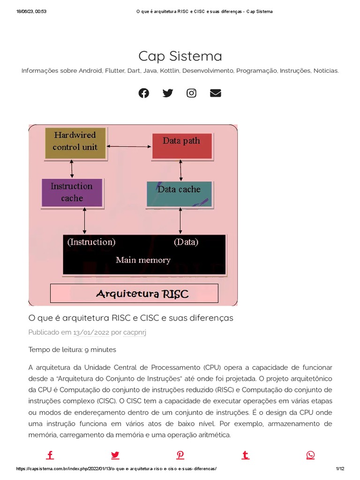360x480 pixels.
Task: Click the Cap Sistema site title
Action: tap(180, 56)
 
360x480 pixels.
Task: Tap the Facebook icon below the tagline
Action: tap(144, 93)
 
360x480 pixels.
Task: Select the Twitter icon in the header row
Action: tap(168, 93)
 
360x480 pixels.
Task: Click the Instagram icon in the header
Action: tap(191, 93)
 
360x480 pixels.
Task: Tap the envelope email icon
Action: tap(215, 93)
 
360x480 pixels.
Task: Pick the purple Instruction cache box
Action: tap(72, 192)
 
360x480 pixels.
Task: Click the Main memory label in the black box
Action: tap(143, 260)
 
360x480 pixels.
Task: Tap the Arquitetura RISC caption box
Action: tap(135, 294)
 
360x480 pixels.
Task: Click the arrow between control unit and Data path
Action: tap(130, 147)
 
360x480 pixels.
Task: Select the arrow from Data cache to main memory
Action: tap(180, 221)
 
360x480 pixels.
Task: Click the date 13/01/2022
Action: tap(91, 332)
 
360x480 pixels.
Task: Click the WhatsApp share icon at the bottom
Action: tap(310, 455)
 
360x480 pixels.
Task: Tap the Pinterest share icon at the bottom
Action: tap(180, 455)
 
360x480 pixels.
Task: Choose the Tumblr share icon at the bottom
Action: tap(245, 455)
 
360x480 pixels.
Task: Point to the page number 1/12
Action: tap(340, 469)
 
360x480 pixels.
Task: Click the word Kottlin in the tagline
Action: tap(169, 71)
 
